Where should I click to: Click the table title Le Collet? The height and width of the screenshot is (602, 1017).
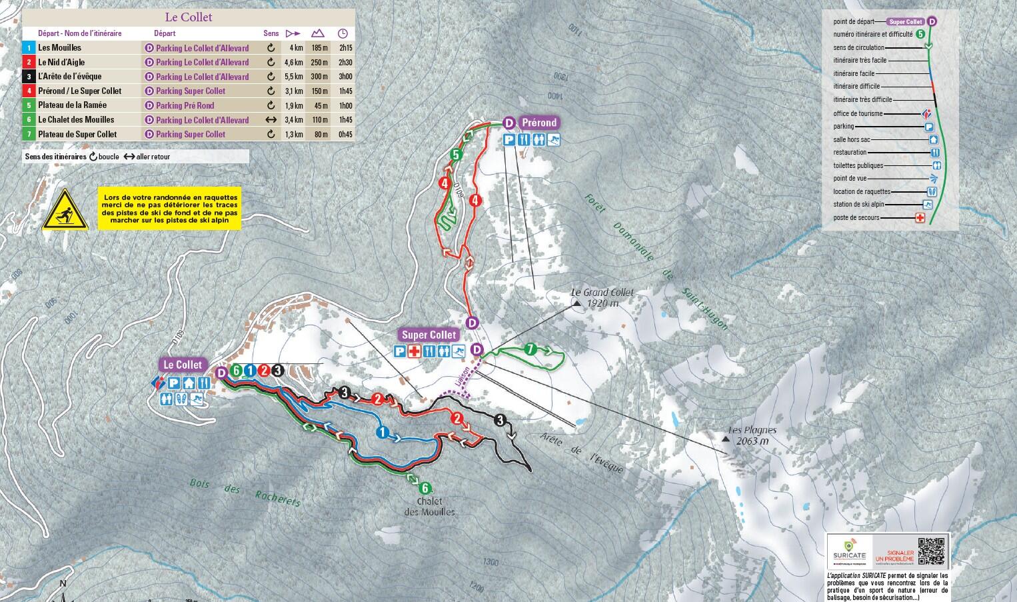coord(188,17)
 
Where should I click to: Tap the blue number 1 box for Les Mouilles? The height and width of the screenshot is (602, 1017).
coord(28,48)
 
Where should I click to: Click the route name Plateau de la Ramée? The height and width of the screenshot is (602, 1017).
coord(72,105)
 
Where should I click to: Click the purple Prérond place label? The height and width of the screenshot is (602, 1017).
coord(538,123)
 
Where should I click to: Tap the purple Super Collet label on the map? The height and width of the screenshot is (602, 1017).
coord(429,335)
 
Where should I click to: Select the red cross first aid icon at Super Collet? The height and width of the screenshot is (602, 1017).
coord(414,351)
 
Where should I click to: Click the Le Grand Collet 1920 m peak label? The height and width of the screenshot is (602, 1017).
coord(602,297)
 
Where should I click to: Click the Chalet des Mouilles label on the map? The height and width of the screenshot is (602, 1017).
coord(429,507)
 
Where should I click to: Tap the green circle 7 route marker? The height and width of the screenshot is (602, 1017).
coord(530,349)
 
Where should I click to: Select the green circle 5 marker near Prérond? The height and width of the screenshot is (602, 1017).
coord(456,155)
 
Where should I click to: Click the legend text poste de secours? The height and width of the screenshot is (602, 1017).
coord(856,218)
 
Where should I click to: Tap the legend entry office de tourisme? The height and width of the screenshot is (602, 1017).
coord(858,113)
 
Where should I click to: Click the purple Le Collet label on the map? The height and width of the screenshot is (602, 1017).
coord(183,365)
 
